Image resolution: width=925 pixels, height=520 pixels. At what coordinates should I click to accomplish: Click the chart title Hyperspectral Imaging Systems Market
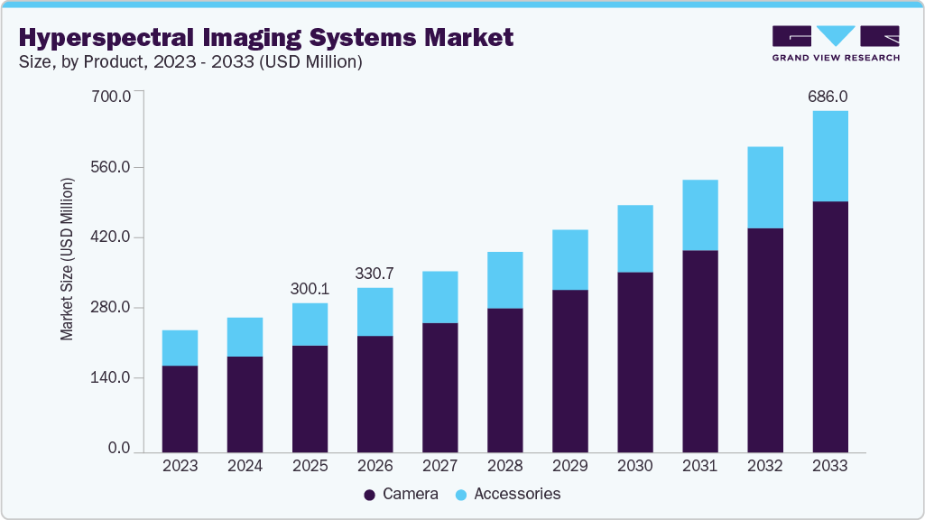pos(265,38)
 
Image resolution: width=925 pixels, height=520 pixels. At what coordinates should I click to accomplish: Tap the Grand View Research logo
pos(836,43)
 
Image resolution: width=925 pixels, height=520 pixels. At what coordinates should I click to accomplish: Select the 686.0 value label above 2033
pos(829,96)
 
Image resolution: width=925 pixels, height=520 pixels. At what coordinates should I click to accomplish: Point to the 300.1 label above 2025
pos(310,289)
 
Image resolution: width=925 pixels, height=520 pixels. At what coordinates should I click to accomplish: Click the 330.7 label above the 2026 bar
pos(375,274)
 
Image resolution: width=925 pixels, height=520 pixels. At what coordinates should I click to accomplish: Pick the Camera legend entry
pos(401,494)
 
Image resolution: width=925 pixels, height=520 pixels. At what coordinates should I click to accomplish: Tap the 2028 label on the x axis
pos(504,466)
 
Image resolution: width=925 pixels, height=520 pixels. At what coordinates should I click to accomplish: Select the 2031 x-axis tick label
pos(699,466)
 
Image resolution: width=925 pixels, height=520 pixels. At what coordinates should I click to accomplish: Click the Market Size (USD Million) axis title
pos(67,260)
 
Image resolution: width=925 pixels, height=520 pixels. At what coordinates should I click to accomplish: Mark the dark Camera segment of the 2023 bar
pos(180,408)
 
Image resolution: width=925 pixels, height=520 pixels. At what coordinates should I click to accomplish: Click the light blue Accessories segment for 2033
pos(829,155)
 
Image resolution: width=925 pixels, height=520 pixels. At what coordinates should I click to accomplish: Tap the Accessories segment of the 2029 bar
pos(569,259)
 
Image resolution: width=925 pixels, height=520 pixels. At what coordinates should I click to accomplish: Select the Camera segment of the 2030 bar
pos(634,361)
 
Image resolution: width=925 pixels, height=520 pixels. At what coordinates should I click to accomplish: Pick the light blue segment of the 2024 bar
pos(245,337)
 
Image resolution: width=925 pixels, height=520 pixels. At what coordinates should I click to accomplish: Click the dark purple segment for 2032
pos(764,339)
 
